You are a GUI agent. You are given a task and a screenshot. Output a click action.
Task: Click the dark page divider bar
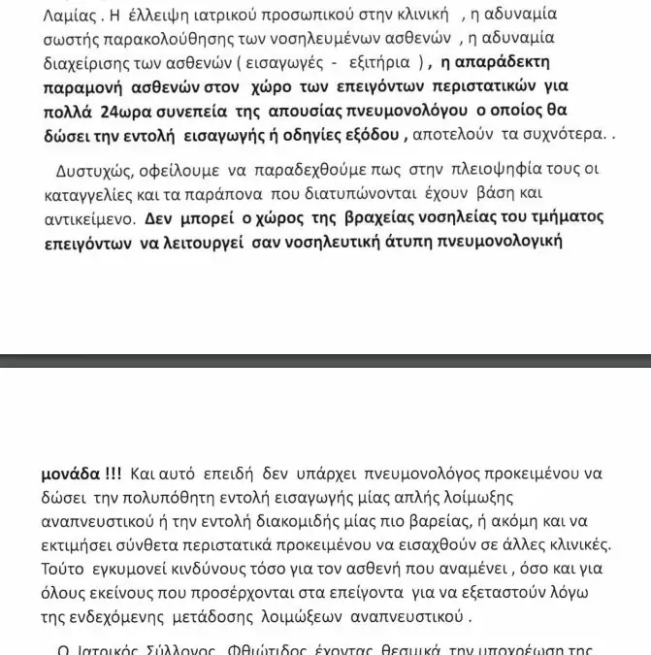(x=325, y=360)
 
